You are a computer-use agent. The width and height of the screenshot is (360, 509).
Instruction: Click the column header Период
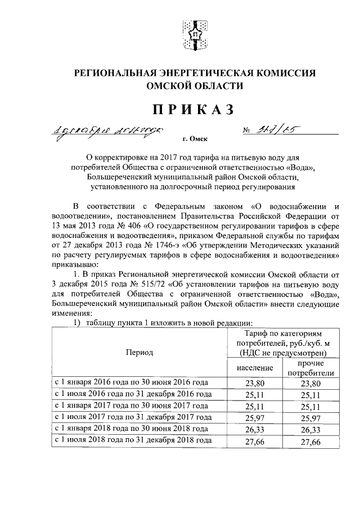point(139,352)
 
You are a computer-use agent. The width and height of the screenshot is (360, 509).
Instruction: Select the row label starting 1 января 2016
point(132,384)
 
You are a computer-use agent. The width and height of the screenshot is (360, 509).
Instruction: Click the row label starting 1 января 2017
point(132,406)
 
